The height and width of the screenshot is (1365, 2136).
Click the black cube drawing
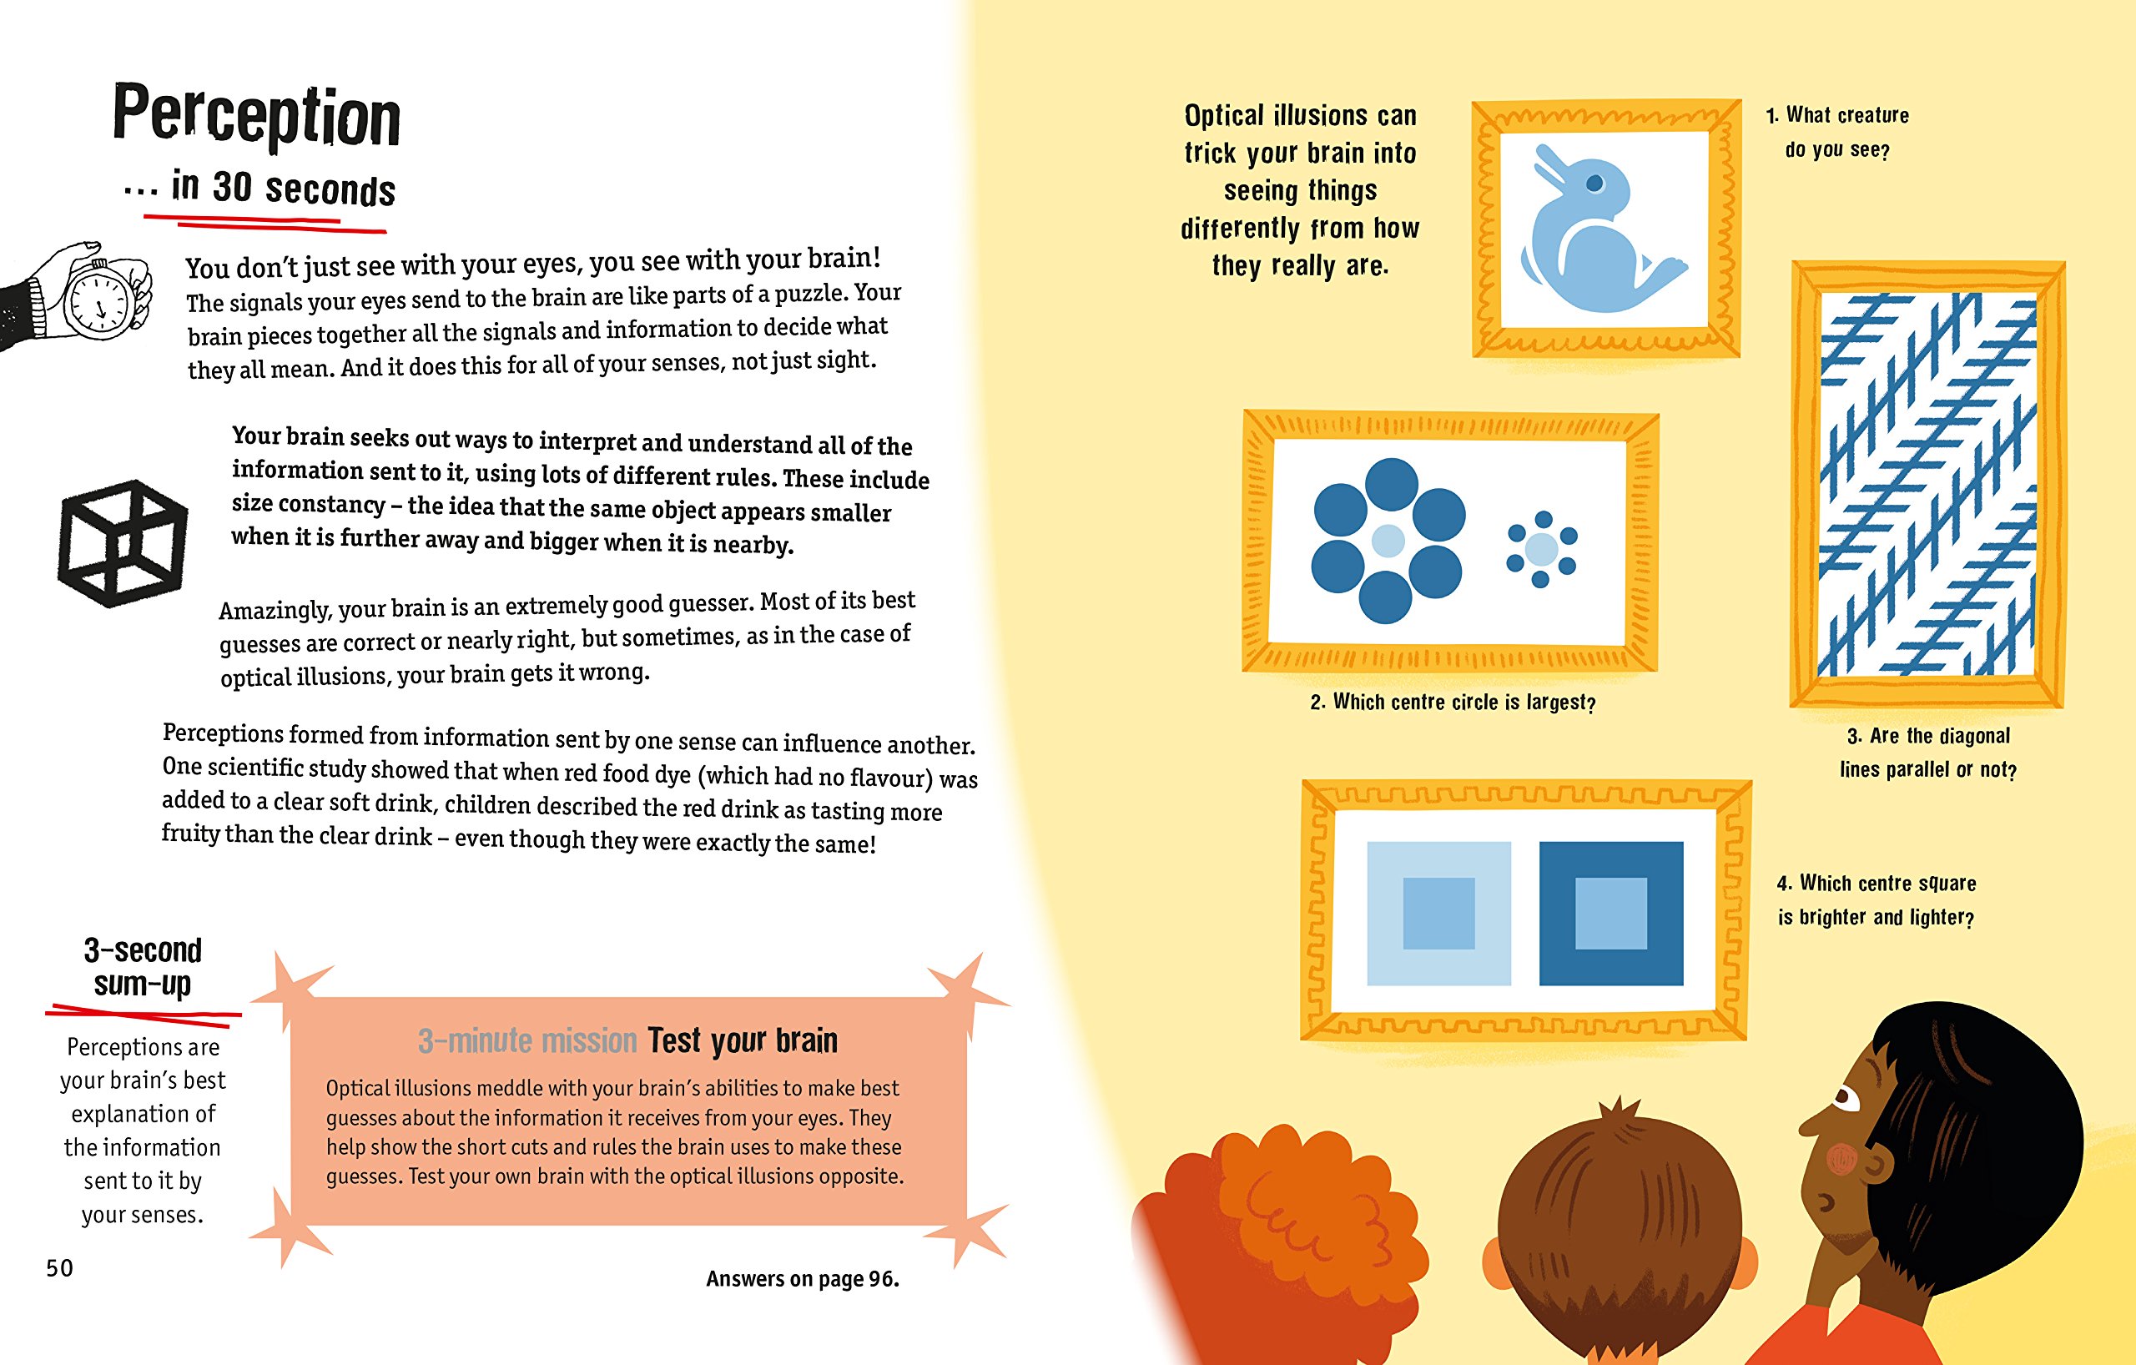pyautogui.click(x=123, y=544)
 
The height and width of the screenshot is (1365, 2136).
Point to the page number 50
pyautogui.click(x=59, y=1267)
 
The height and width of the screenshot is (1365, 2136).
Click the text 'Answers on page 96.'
pyautogui.click(x=802, y=1278)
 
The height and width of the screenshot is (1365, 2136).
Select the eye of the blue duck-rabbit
pyautogui.click(x=1594, y=184)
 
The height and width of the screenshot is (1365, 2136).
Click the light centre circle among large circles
pyautogui.click(x=1388, y=539)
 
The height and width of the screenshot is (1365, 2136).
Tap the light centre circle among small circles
pyautogui.click(x=1542, y=549)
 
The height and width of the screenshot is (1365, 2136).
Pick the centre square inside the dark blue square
pyautogui.click(x=1611, y=914)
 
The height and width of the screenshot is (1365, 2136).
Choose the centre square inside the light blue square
pyautogui.click(x=1438, y=914)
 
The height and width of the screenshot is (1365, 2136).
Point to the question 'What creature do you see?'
pyautogui.click(x=1837, y=132)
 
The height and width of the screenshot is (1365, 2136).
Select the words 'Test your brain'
pyautogui.click(x=743, y=1040)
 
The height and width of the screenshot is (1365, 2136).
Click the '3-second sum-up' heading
pyautogui.click(x=143, y=967)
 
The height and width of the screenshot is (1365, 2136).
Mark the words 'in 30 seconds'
pyautogui.click(x=283, y=188)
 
